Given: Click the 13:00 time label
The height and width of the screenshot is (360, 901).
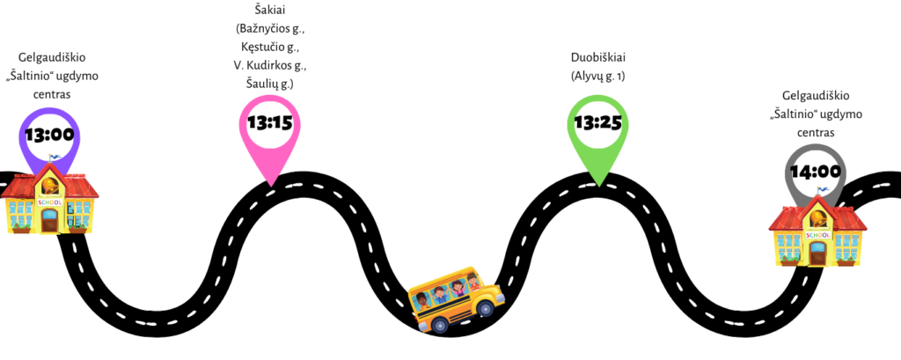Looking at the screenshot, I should pyautogui.click(x=49, y=136).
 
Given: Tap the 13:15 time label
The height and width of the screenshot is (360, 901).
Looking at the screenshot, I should pyautogui.click(x=269, y=122).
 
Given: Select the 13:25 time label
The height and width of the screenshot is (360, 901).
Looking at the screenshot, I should pyautogui.click(x=597, y=122).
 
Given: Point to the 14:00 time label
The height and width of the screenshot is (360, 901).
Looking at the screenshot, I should pyautogui.click(x=815, y=172).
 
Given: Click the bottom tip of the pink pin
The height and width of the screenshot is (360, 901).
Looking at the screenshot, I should pyautogui.click(x=270, y=184).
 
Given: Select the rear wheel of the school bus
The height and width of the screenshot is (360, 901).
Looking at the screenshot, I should pyautogui.click(x=439, y=325).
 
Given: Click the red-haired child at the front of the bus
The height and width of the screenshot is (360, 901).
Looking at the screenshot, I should pyautogui.click(x=473, y=282).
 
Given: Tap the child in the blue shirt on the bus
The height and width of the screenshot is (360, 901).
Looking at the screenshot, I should pyautogui.click(x=440, y=296).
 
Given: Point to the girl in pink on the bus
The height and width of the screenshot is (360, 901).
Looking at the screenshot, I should pyautogui.click(x=458, y=289).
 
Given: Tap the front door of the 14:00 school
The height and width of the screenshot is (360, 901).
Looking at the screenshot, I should pyautogui.click(x=817, y=253).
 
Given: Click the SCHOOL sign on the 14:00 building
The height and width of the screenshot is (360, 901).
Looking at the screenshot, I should pyautogui.click(x=817, y=235).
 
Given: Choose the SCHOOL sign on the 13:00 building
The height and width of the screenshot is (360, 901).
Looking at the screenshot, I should pyautogui.click(x=50, y=202).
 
